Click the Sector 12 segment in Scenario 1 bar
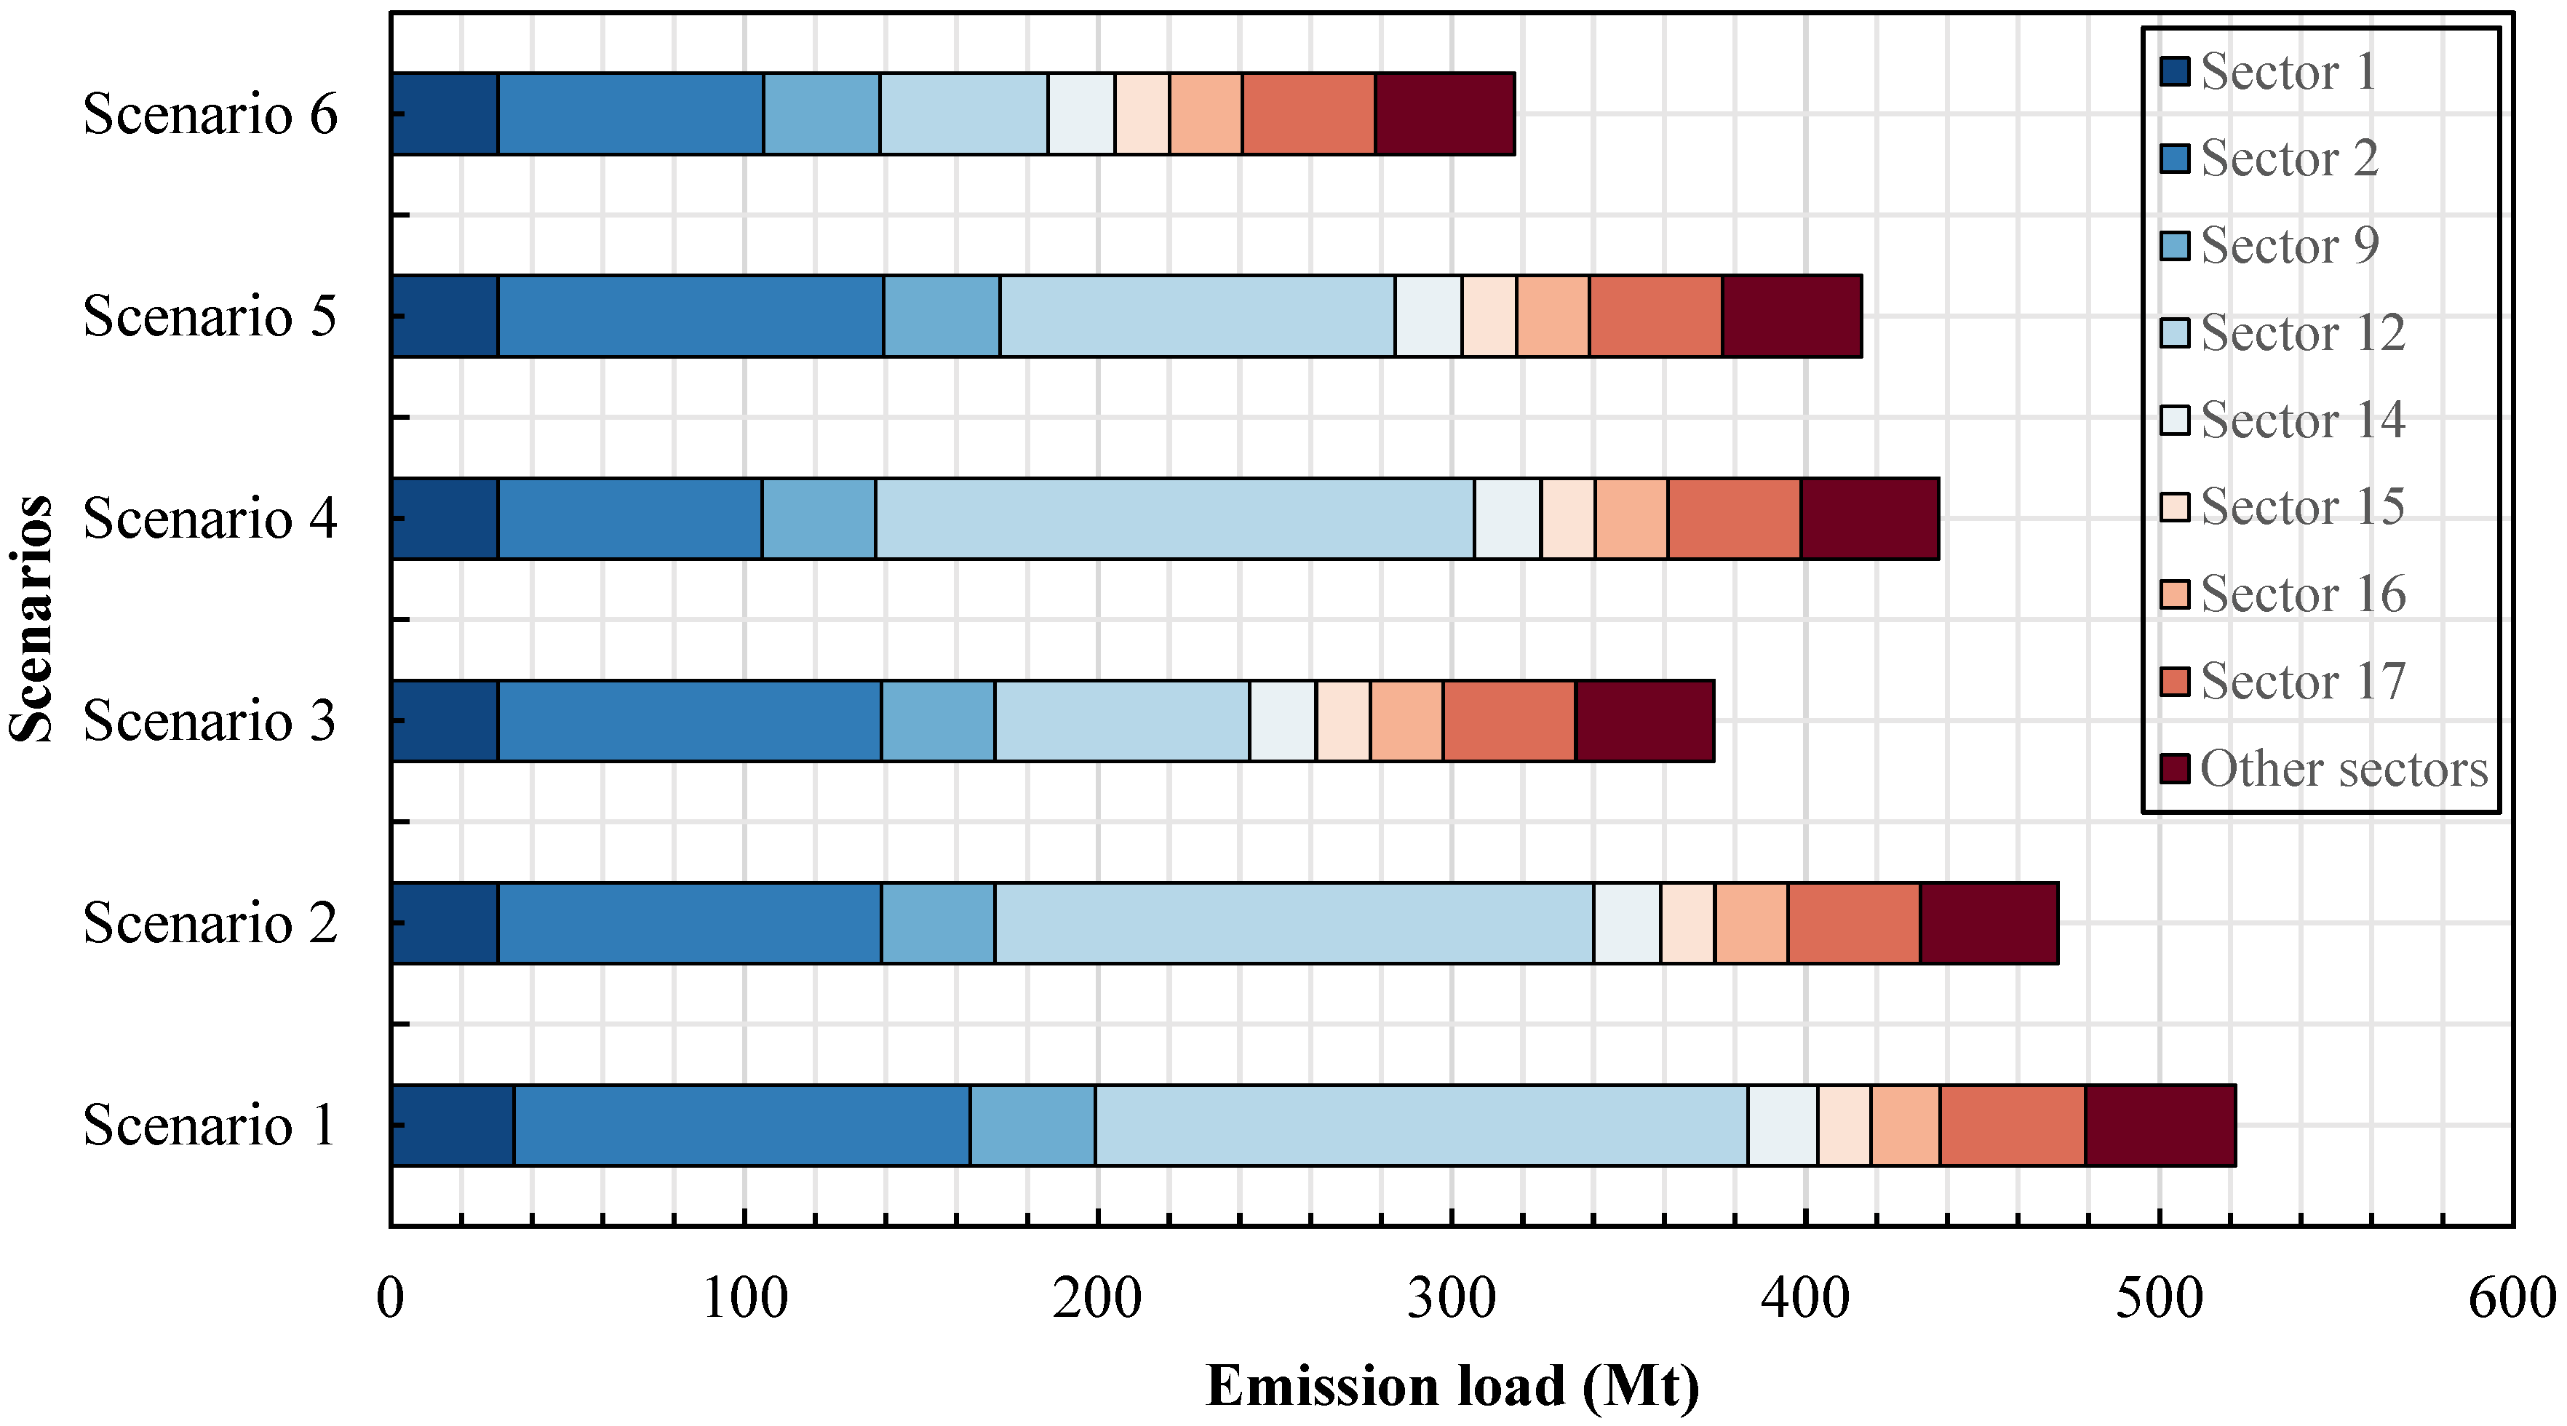[x=1421, y=1125]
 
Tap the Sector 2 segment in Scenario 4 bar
[x=630, y=518]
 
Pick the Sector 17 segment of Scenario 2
[x=1853, y=923]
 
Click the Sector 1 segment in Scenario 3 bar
[x=445, y=720]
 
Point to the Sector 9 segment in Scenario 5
[x=942, y=316]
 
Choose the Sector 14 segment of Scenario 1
[x=1782, y=1125]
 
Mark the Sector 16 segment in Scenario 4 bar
[x=1631, y=518]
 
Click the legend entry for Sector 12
[x=2302, y=332]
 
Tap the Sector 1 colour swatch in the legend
[x=2174, y=72]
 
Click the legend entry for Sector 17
[x=2302, y=682]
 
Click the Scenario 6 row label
[x=210, y=113]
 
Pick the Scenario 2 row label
[x=210, y=923]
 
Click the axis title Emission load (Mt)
[x=1452, y=1386]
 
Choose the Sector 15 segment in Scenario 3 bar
[x=1342, y=720]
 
